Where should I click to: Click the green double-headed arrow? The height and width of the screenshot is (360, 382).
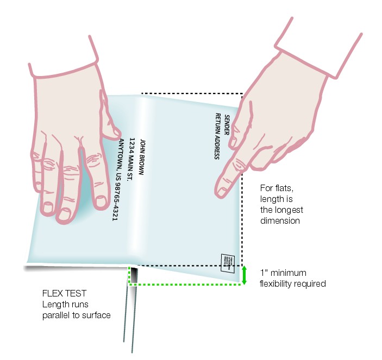[245, 275]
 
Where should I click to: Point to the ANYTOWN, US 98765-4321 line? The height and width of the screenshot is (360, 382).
[120, 179]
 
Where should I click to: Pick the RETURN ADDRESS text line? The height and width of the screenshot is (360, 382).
[217, 136]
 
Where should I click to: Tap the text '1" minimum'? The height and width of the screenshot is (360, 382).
[283, 273]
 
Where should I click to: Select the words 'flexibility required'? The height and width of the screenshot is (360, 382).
[292, 283]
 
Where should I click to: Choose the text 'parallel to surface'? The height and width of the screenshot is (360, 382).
[77, 315]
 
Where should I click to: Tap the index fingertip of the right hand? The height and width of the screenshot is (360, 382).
[221, 192]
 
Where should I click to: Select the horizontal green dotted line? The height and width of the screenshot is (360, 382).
[185, 284]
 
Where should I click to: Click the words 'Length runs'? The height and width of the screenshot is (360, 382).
[65, 305]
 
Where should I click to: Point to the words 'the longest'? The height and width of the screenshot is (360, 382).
[281, 210]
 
